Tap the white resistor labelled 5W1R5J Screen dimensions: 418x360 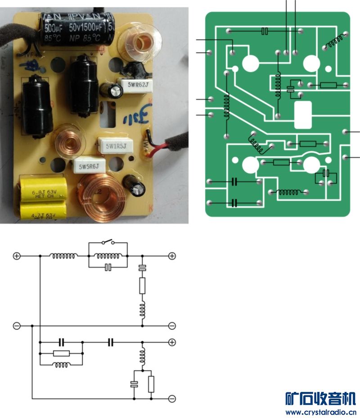114,146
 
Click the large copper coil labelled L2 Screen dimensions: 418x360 102,198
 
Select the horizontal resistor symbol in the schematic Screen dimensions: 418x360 61,353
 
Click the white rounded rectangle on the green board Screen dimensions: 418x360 302,115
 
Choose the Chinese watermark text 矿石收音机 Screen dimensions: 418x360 321,399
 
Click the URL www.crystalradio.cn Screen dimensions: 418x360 321,412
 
